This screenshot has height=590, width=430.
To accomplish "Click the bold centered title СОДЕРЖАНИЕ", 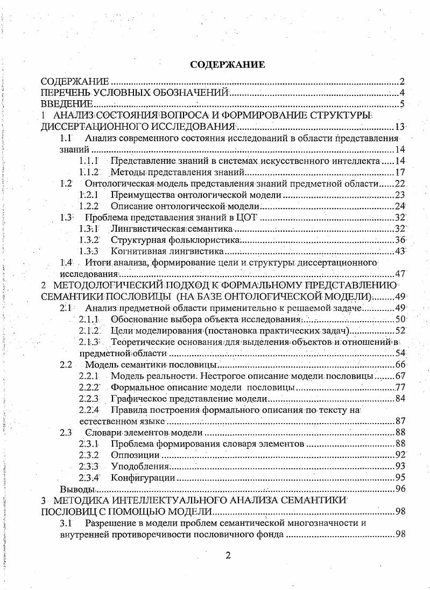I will click(227, 65).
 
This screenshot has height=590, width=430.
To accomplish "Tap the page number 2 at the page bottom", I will click(228, 556).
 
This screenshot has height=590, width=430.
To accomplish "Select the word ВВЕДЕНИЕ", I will click(67, 104).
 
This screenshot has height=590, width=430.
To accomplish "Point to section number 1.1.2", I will click(89, 172).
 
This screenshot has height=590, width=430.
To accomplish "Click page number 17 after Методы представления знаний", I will click(399, 172).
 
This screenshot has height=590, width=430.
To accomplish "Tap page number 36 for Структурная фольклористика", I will click(399, 240).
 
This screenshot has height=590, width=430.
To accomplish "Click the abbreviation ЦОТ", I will click(247, 218).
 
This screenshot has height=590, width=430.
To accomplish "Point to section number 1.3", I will click(66, 218).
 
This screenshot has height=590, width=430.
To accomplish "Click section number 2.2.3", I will click(89, 399).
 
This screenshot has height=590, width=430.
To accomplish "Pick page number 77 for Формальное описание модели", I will click(399, 387).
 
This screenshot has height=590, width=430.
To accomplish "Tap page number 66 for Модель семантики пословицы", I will click(399, 365).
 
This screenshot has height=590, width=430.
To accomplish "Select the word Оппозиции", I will click(131, 455).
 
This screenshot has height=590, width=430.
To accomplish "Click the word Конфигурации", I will click(143, 477).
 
